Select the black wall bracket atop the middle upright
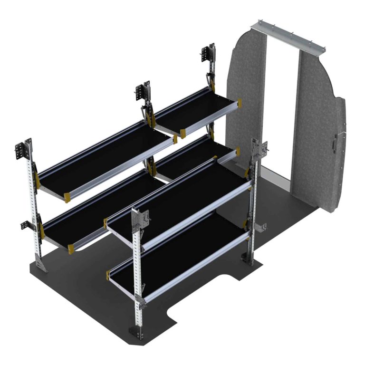pos(142,93)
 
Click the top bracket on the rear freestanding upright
pos(257,150)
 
